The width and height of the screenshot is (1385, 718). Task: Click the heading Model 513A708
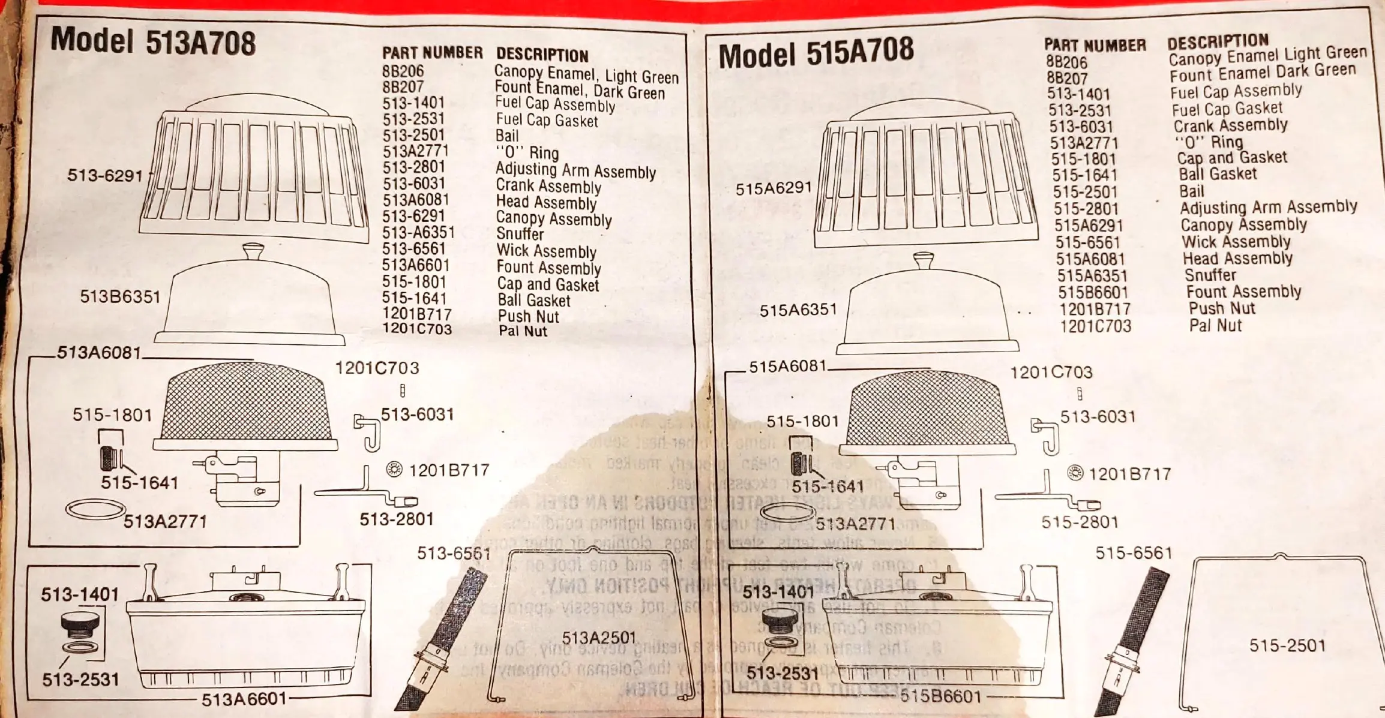(x=153, y=42)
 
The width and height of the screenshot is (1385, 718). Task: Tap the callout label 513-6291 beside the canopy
(x=105, y=176)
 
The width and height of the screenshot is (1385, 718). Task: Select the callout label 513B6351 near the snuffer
(x=120, y=296)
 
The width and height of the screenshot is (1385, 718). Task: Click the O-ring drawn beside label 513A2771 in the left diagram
(x=94, y=510)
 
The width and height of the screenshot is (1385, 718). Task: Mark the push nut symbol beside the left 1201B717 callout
(x=394, y=469)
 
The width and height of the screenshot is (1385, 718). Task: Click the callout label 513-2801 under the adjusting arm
(x=397, y=519)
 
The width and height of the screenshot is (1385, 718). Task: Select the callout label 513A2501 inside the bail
(x=598, y=637)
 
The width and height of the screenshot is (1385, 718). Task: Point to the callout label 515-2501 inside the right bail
(x=1287, y=645)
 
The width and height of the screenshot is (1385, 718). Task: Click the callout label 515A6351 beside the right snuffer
(x=798, y=310)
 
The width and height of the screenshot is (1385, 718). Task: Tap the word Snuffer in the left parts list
(x=520, y=235)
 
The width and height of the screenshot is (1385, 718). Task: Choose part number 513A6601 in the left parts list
(x=416, y=265)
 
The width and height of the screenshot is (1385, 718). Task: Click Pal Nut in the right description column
(x=1215, y=326)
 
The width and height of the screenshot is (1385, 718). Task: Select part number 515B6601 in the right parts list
(x=1093, y=293)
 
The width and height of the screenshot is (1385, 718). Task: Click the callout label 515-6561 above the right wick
(x=1134, y=552)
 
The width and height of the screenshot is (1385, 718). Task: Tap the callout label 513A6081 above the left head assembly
(x=99, y=352)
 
